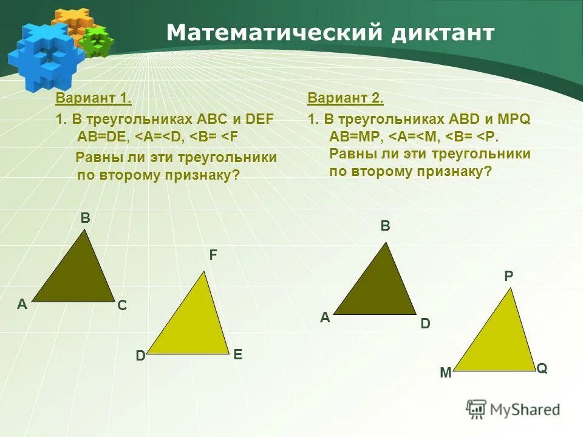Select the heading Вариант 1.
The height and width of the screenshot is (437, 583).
pos(94,98)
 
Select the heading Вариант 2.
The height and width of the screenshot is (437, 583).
pos(346,98)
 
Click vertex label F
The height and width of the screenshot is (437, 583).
pos(213,256)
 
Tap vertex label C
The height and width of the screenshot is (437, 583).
pos(122,306)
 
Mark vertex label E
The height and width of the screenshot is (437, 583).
pos(237,354)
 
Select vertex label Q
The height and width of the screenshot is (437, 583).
pos(542,368)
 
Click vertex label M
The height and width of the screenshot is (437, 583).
pos(446,373)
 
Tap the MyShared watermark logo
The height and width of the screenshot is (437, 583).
pos(513,409)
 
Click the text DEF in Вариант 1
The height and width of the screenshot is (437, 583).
pos(261,119)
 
